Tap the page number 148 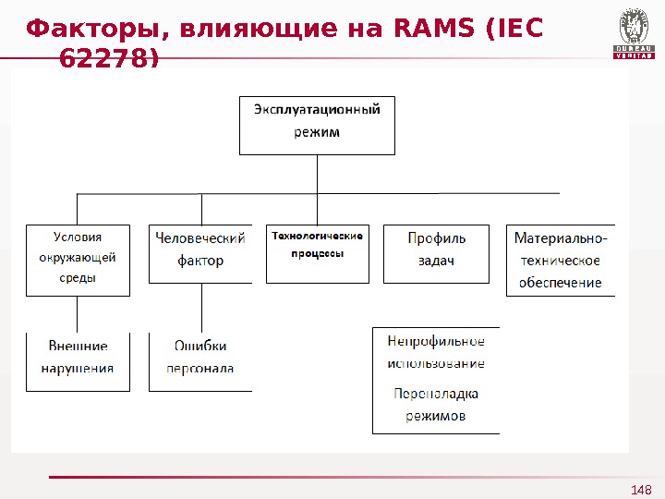point(641,490)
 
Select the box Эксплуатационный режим point(317,125)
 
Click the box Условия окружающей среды point(78,259)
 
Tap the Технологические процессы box point(317,252)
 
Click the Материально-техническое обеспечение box point(560,260)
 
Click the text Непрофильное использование point(436,352)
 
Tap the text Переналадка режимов point(436,405)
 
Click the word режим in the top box point(317,132)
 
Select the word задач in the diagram point(436,262)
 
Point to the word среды point(78,277)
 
